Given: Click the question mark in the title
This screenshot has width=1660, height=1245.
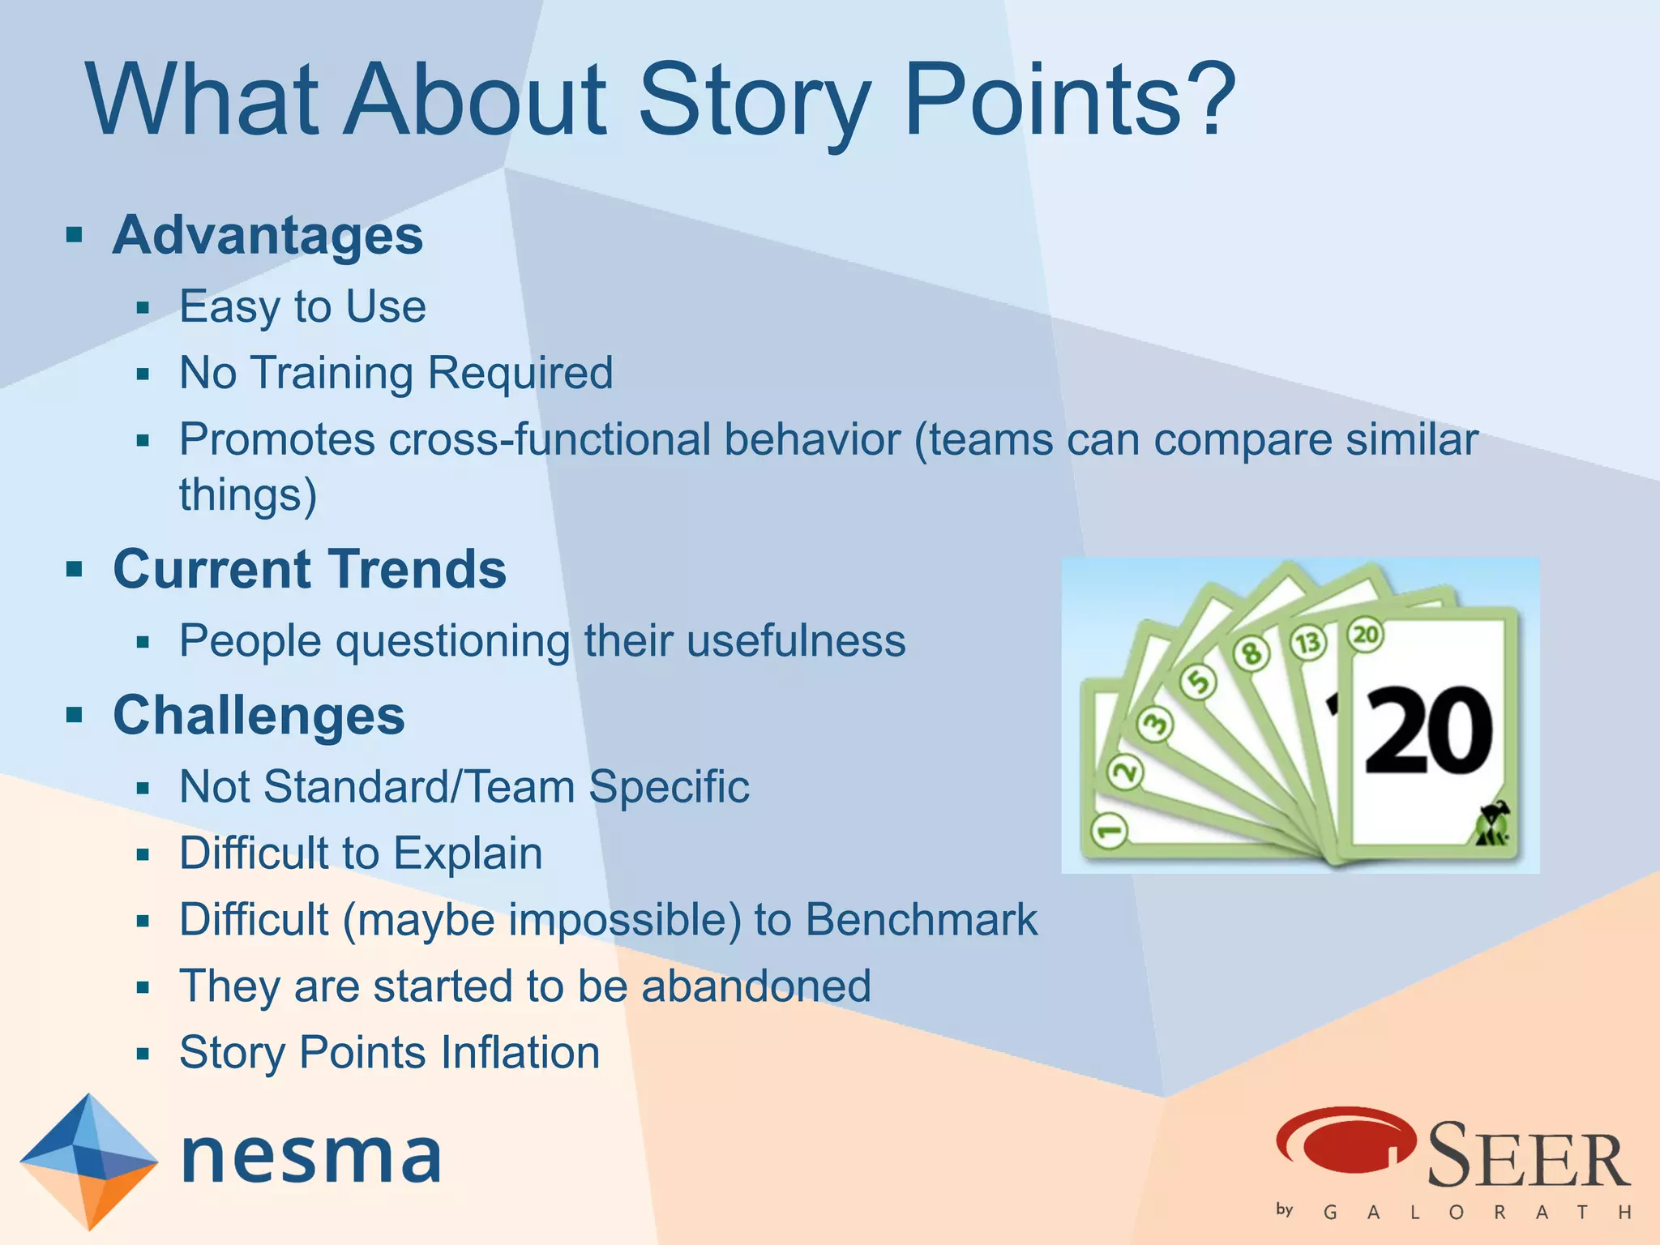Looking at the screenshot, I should (x=1207, y=99).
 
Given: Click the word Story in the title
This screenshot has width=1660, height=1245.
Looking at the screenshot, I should (x=754, y=101).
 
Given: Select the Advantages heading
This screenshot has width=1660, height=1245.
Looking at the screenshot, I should (x=267, y=235).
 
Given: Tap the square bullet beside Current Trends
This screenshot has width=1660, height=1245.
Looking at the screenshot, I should (x=75, y=569).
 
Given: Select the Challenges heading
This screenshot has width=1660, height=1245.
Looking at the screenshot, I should (x=259, y=716).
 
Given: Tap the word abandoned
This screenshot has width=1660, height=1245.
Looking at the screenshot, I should (x=755, y=986).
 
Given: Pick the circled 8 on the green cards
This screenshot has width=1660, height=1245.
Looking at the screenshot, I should (x=1251, y=652).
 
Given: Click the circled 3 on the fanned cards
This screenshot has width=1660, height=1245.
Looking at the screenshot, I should (x=1155, y=724).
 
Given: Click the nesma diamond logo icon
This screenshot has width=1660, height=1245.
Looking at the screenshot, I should (x=88, y=1161).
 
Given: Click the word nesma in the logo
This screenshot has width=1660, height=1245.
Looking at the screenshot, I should (x=311, y=1157).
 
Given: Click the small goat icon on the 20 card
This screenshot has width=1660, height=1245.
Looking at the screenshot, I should (x=1492, y=825).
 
